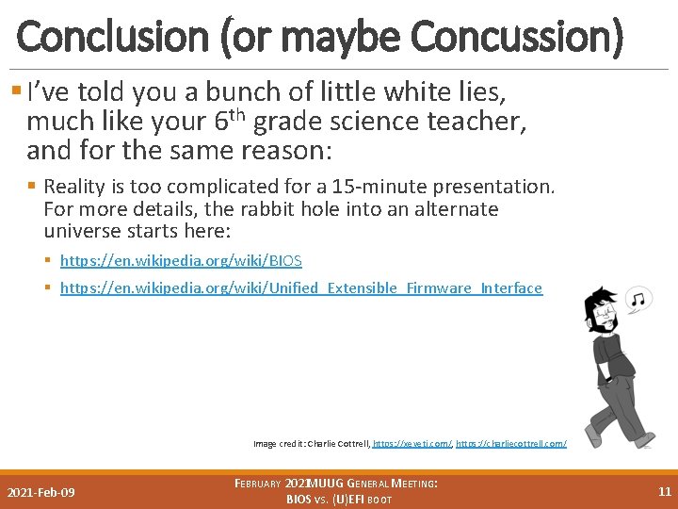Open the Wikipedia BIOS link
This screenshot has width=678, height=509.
tap(181, 260)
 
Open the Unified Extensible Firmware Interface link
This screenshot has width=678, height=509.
tap(301, 287)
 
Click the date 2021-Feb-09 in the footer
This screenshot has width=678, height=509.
tap(41, 493)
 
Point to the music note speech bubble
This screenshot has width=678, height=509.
tap(638, 300)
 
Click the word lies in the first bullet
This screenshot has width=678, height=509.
tap(480, 92)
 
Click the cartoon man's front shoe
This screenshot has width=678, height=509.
tap(594, 436)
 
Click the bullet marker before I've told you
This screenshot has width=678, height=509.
tap(18, 92)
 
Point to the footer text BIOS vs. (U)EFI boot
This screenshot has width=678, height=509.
tap(339, 499)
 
